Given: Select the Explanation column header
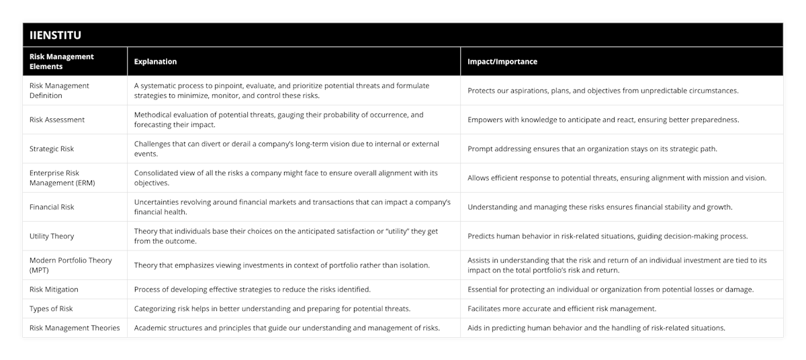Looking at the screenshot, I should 155,61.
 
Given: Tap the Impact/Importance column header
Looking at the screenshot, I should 502,61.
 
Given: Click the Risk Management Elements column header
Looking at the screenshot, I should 62,61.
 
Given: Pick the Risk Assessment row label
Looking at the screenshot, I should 58,120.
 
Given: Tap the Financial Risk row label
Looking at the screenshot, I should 52,207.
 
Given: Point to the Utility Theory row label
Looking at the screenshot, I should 52,236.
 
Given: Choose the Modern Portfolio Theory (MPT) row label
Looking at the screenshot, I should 71,265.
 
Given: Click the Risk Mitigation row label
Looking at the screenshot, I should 54,289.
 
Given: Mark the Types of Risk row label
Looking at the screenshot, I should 52,308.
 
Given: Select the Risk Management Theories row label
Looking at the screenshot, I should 75,328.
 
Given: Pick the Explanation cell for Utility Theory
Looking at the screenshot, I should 286,236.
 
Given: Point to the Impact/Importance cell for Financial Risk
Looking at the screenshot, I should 600,207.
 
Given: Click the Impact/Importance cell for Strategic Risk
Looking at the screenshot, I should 592,148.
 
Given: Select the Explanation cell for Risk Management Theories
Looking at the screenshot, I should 287,328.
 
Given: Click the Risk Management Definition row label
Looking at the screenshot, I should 60,90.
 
